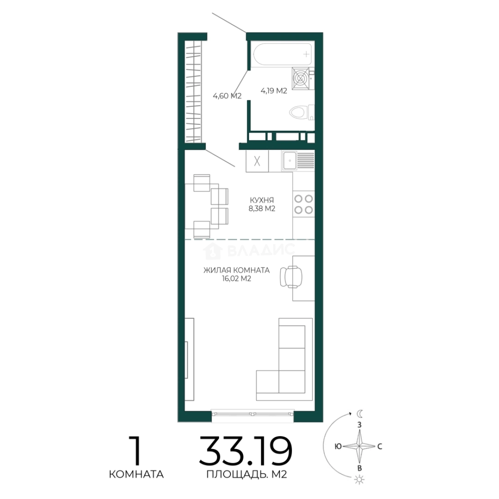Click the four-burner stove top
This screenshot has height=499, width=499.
[304, 204]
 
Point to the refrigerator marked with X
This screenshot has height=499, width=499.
[257, 161]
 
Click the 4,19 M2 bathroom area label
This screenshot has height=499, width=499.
[274, 91]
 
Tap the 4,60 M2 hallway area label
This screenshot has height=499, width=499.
[227, 96]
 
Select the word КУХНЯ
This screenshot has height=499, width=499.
[262, 200]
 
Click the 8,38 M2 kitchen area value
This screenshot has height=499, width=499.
[262, 208]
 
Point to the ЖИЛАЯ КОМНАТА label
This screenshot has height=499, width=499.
[237, 270]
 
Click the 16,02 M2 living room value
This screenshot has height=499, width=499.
[237, 279]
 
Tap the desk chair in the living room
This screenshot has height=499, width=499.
[291, 277]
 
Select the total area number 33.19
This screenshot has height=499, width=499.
[245, 451]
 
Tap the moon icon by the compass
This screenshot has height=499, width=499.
[359, 414]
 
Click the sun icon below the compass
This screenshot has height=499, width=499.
[359, 479]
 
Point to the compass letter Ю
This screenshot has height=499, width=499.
[338, 446]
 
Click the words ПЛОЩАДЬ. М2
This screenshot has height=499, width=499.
[247, 475]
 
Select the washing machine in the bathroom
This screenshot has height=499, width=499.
[301, 78]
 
